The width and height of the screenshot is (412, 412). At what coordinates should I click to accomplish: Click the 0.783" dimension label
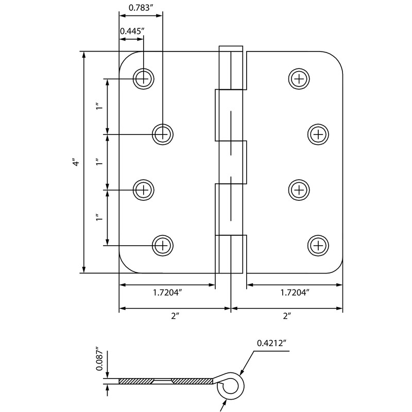140,7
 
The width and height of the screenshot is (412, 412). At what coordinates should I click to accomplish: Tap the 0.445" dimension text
131,31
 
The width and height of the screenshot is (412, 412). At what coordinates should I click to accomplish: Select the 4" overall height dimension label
76,162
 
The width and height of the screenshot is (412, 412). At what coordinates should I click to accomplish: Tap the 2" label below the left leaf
174,317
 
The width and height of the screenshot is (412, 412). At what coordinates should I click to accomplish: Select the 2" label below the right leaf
287,317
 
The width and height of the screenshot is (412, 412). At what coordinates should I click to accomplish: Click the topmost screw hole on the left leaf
143,78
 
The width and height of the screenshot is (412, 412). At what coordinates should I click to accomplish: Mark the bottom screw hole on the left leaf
163,245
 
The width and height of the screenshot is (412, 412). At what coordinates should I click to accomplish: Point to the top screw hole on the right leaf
299,78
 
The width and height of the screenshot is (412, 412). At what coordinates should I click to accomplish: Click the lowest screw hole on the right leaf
318,245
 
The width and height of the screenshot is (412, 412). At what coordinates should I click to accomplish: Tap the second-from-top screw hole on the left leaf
163,134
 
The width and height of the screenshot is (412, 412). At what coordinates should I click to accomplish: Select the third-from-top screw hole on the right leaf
299,190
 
